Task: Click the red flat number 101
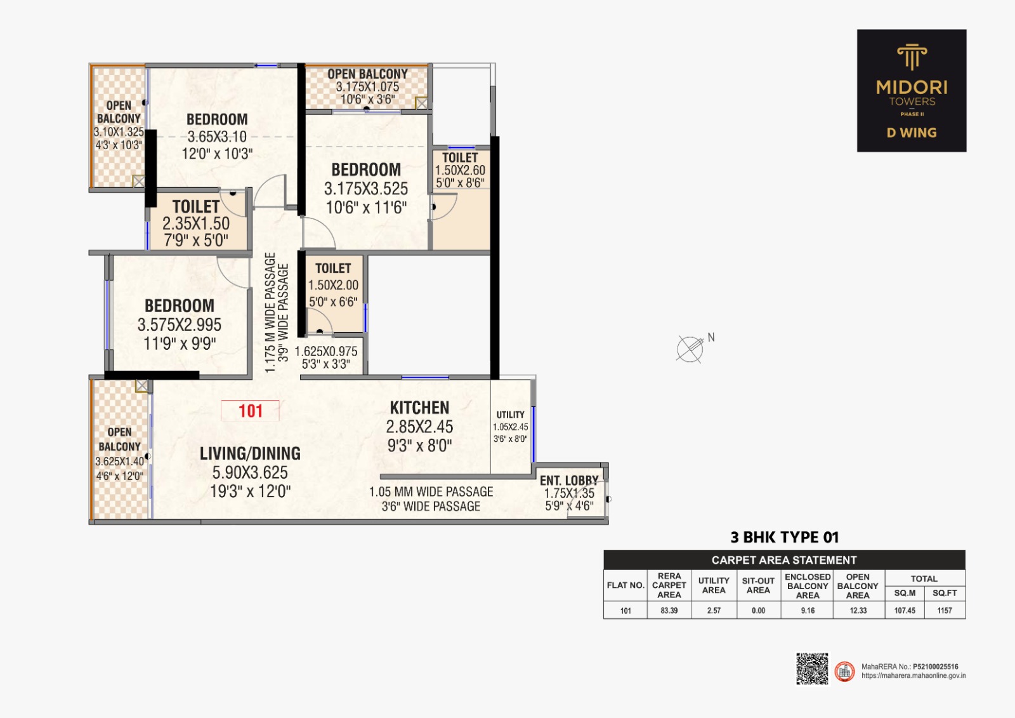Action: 250,411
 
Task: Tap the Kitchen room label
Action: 419,408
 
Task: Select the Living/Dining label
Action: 250,453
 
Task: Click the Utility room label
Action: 510,415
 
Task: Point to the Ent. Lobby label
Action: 569,481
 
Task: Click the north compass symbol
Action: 690,349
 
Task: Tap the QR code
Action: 812,668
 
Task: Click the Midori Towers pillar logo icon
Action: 912,57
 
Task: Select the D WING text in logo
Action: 912,133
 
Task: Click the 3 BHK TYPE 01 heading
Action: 784,538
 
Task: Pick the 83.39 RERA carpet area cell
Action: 669,611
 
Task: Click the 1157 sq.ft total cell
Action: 945,611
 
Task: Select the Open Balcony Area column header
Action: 858,586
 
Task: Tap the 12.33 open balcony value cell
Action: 858,611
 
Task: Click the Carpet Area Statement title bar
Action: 784,560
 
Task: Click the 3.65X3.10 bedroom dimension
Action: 217,136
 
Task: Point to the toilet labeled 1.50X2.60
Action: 460,170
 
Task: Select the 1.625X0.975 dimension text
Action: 326,352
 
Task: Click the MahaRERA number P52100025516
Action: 935,667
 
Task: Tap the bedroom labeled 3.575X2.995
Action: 180,324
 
